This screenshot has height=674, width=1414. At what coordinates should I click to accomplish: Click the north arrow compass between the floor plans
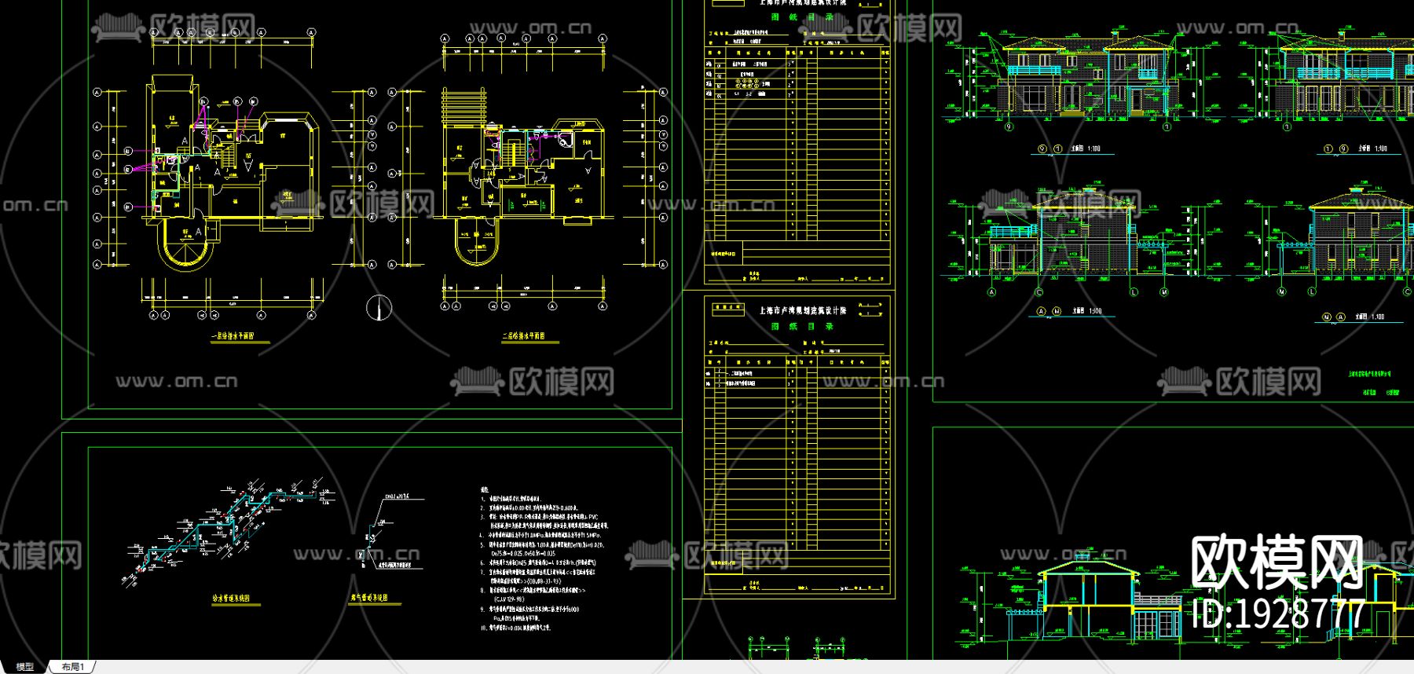[379, 307]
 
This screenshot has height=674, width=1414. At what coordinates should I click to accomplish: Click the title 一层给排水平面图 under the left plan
[232, 336]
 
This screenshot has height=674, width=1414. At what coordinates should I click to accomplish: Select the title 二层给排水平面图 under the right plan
[523, 336]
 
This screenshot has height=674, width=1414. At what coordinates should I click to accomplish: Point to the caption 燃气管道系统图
[369, 599]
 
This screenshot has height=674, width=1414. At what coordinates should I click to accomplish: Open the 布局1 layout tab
[72, 667]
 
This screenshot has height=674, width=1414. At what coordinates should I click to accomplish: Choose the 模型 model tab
[25, 667]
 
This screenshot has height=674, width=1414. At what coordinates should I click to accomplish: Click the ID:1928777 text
[1279, 614]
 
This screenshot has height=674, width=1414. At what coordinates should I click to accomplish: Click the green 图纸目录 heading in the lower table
[802, 326]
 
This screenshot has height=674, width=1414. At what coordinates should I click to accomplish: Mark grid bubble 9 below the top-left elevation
[1009, 126]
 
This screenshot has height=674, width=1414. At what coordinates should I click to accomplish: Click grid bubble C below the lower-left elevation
[1039, 292]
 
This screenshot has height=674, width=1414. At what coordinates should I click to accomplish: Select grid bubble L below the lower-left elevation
[1134, 292]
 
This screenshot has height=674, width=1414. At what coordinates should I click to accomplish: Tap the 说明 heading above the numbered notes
[485, 490]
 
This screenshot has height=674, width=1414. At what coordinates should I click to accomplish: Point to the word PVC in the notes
[592, 517]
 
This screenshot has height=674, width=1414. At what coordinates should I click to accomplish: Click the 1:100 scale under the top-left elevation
[1093, 148]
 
